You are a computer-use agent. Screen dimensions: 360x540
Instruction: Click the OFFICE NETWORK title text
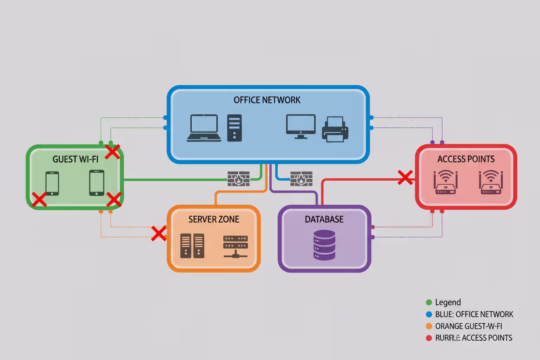point(267,100)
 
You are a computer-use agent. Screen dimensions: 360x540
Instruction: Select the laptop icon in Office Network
point(204,128)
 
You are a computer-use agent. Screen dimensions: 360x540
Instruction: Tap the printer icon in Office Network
point(335,129)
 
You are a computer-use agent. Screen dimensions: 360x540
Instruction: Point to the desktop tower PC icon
point(235,128)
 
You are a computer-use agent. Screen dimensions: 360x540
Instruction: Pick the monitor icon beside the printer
point(301,126)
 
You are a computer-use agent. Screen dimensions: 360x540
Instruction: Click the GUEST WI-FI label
point(76,159)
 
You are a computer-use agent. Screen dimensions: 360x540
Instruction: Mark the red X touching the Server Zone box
point(159,233)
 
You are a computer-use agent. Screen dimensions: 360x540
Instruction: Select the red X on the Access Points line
point(405,177)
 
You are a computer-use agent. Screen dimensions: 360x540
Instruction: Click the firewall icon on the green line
point(238,179)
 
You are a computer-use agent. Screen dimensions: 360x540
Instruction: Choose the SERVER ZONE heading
point(214,219)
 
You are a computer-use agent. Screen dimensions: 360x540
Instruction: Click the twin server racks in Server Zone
point(193,246)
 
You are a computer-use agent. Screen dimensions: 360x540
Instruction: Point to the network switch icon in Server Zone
point(235,247)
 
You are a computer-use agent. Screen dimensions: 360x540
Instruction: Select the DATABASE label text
point(324,219)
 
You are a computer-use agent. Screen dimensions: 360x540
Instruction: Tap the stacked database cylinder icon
point(324,245)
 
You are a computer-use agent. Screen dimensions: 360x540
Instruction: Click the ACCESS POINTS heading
point(466,159)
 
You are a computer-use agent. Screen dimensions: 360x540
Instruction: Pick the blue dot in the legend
point(429,315)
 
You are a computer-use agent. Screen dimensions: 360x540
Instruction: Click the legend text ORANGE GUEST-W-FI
point(469,326)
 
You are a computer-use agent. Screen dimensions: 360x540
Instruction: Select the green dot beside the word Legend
point(429,302)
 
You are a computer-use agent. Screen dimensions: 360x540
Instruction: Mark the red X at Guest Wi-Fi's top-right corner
point(113,152)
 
